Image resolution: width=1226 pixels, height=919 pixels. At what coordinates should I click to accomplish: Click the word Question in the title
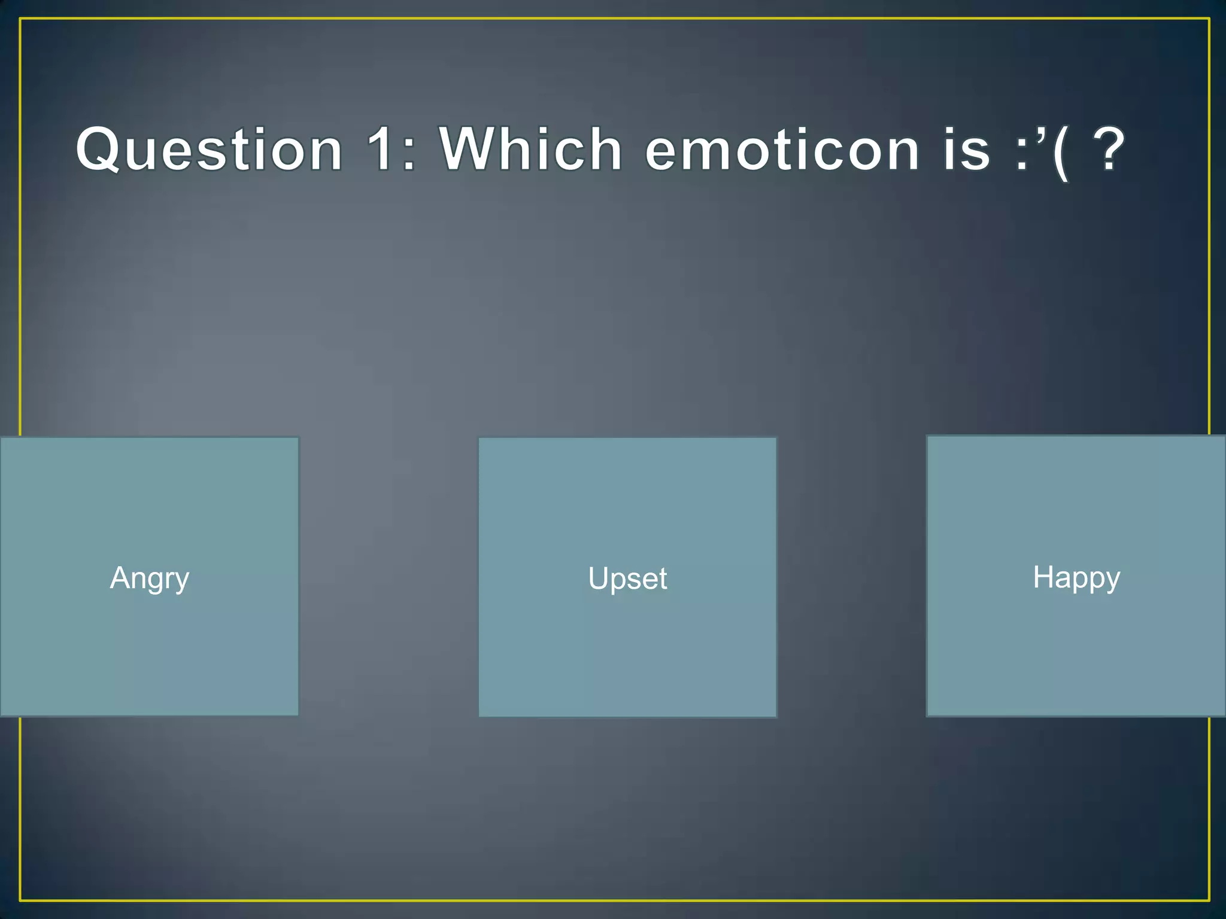coord(210,150)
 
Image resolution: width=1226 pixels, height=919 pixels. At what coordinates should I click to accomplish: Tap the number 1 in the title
coord(381,150)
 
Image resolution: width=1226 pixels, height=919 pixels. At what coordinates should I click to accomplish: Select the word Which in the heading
coord(530,150)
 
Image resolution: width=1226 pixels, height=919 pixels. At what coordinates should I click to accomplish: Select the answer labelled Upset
coord(627,578)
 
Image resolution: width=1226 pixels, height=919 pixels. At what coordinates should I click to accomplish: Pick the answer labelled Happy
coord(1076,577)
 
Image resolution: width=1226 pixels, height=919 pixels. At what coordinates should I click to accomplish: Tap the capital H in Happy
coord(1043,577)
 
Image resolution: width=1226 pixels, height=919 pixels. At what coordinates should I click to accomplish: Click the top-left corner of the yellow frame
coord(20,19)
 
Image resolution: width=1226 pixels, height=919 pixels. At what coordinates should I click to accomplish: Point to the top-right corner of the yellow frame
coord(1209,19)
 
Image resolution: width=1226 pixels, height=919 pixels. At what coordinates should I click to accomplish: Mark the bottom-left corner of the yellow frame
coord(20,900)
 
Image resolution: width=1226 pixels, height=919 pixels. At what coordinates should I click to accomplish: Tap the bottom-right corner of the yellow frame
coord(1209,900)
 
